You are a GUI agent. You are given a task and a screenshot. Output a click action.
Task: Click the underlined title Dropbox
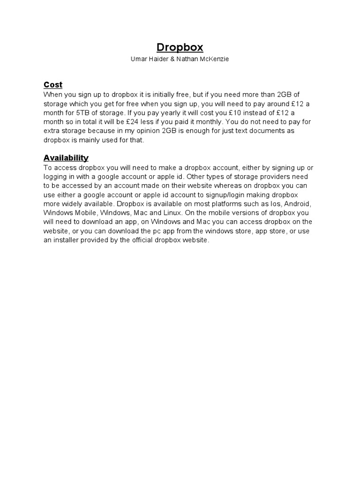(180, 47)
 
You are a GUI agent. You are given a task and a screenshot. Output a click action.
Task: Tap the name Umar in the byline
(139, 60)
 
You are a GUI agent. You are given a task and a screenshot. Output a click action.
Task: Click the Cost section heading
(53, 85)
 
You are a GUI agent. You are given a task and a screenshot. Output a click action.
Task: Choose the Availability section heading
(66, 158)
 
